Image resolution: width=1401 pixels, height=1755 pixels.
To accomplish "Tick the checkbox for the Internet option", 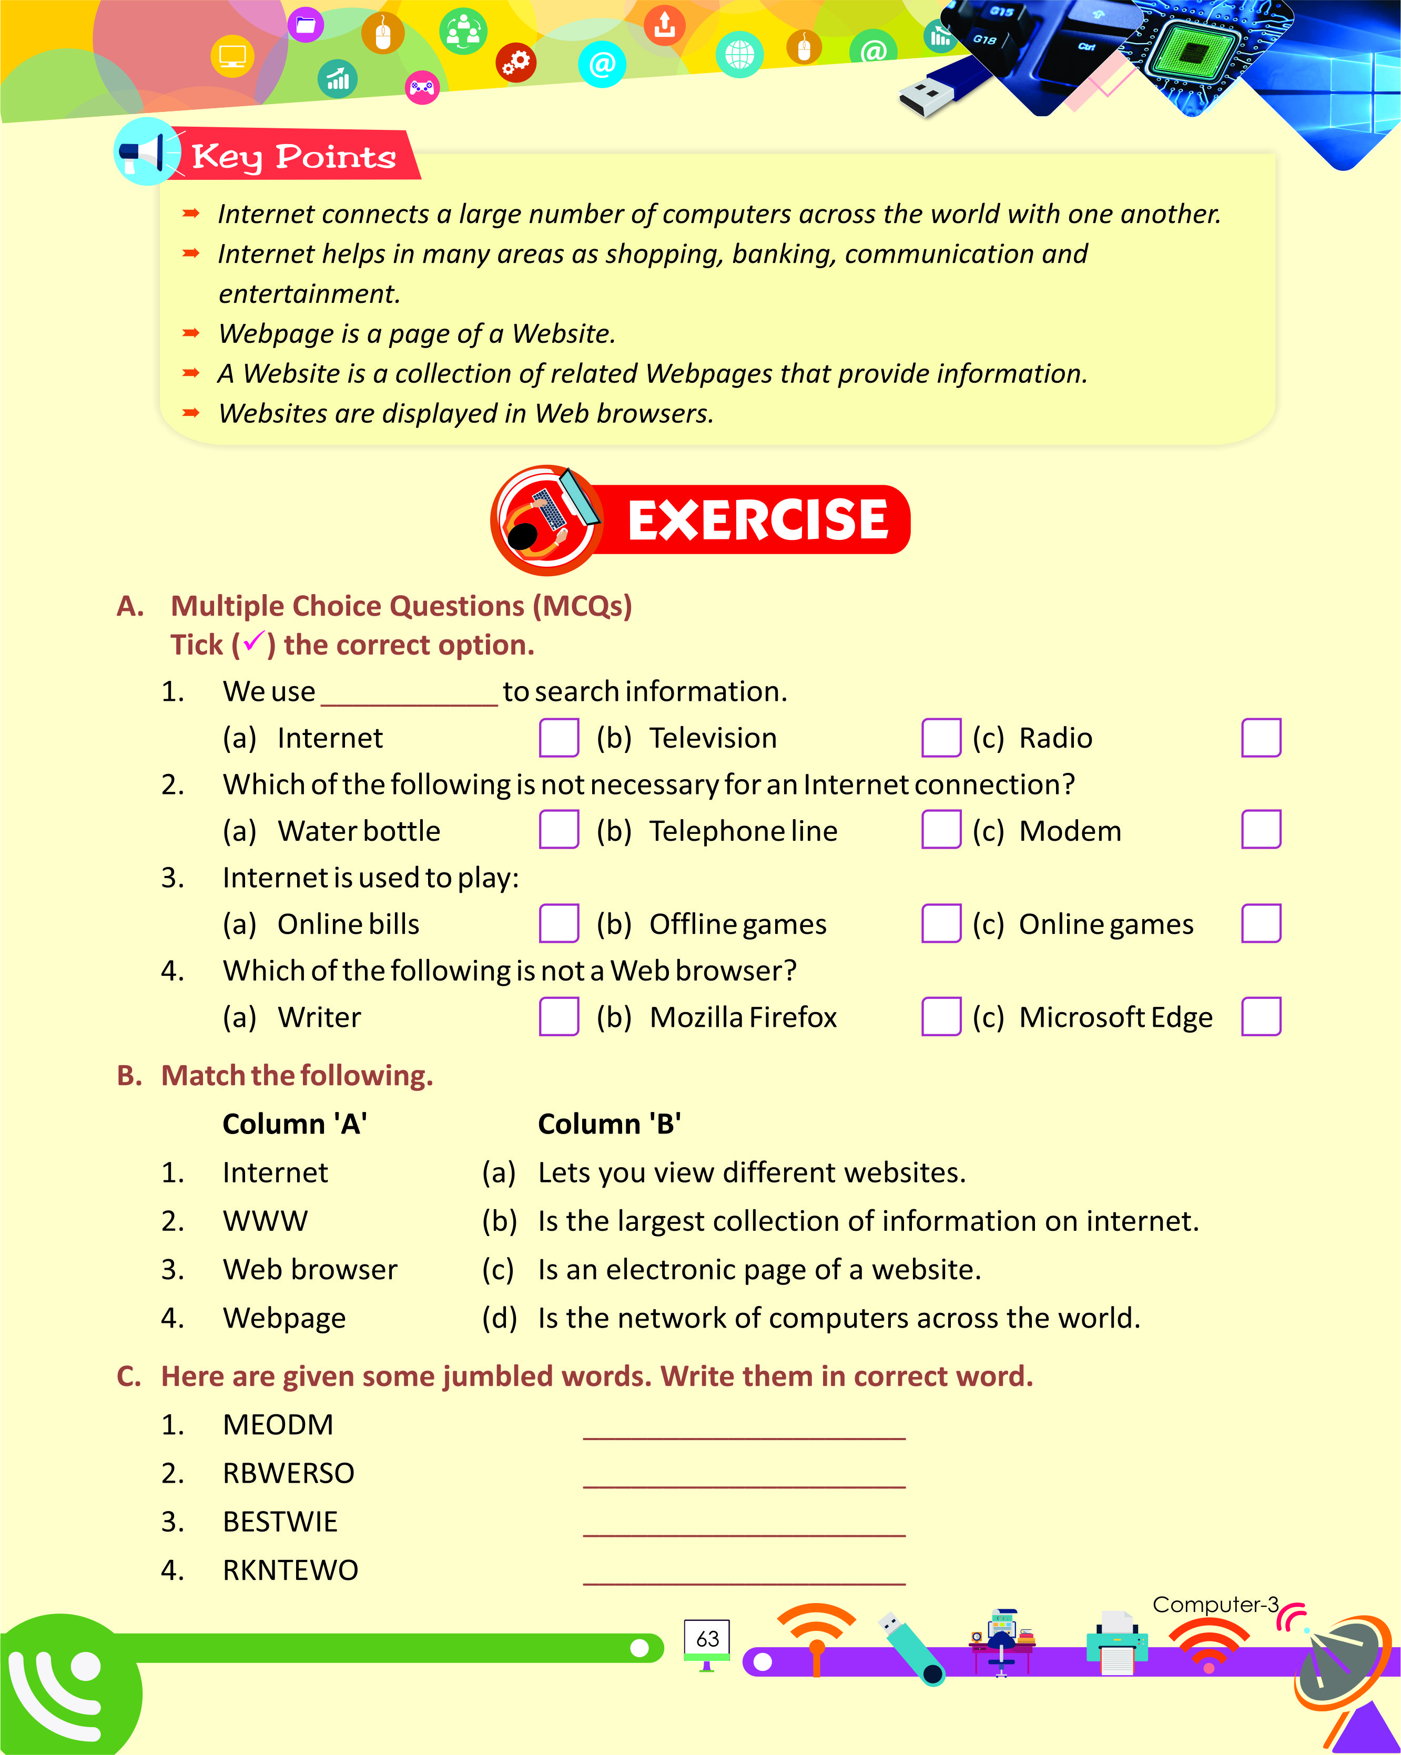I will point(559,738).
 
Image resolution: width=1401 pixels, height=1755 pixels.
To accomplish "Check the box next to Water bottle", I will point(559,830).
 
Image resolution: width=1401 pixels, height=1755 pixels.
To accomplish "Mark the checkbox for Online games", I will point(1261,923).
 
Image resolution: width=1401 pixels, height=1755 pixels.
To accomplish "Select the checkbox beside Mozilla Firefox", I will point(941,1017).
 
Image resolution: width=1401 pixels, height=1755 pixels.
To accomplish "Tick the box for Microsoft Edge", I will point(1261,1017).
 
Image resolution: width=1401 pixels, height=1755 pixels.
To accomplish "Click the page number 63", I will point(707,1639).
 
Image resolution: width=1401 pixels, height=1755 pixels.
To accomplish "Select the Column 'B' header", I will point(609,1124).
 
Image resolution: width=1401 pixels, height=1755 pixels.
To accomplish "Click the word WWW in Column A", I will point(266,1221).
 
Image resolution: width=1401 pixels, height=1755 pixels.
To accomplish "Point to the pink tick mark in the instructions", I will point(253,641).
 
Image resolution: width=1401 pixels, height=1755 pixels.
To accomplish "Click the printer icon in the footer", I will point(1117,1642).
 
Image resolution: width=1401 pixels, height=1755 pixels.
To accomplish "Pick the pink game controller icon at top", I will point(422,87).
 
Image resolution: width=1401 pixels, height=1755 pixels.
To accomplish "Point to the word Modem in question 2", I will point(1070,831).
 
